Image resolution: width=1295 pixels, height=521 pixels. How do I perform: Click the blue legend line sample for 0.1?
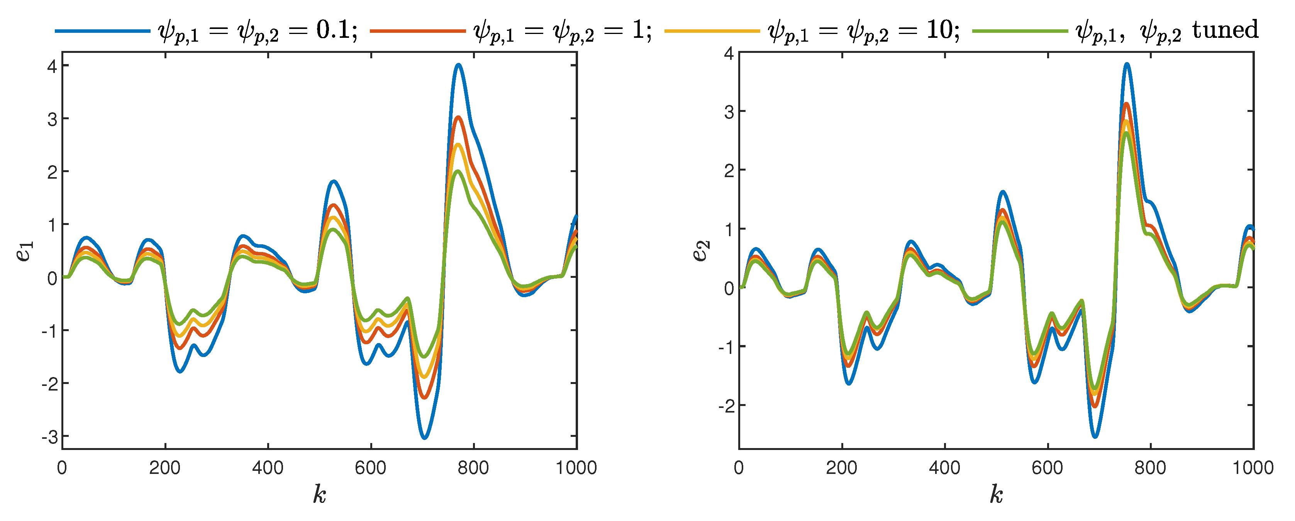coord(103,31)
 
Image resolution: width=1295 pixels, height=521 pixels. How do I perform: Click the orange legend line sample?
coord(418,31)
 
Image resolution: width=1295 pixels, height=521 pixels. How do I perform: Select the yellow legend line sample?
coord(712,31)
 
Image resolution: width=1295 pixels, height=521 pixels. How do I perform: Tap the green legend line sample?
coord(1020,31)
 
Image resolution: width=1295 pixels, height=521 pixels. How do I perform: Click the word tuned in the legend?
coord(1226,30)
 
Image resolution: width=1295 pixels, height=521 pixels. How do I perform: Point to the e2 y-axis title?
coord(701,251)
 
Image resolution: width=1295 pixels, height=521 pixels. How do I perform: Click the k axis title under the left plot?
coord(319,494)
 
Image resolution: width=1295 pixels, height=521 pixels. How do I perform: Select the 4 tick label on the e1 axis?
coord(52,66)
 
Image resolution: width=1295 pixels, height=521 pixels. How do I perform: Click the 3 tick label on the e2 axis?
coord(729,112)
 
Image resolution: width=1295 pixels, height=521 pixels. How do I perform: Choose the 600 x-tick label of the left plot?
coord(371,468)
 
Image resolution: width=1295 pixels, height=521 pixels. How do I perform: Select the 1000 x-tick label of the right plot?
coord(1253,468)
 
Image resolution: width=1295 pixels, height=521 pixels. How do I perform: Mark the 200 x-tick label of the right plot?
coord(842,468)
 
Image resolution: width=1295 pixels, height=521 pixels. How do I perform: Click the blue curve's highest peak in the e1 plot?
coord(458,65)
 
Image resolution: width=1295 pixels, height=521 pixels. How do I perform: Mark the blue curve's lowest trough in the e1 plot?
coord(424,438)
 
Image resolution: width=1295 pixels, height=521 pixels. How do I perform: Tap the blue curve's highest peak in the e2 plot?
coord(1127,64)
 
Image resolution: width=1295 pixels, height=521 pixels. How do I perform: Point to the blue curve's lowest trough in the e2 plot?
coord(1095,436)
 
